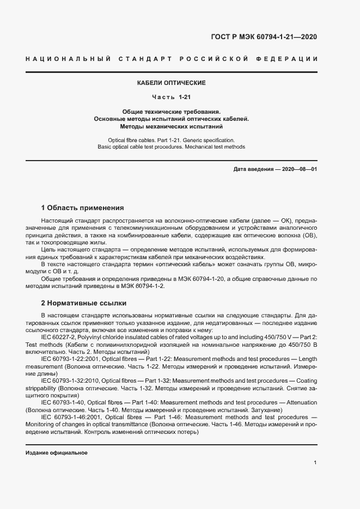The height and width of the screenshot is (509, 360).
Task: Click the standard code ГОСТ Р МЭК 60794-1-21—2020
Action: click(x=264, y=37)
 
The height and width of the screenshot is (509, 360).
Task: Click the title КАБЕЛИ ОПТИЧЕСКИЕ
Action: click(x=171, y=83)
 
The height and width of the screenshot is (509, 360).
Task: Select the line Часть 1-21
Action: click(x=171, y=97)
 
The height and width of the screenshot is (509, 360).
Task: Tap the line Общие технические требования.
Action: click(x=171, y=111)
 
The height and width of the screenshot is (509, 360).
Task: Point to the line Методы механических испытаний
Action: click(x=171, y=126)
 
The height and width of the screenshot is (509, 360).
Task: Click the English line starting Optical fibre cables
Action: click(x=171, y=140)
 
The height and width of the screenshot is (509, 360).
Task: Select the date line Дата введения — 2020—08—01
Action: click(x=275, y=169)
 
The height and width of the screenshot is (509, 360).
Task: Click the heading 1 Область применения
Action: click(x=82, y=208)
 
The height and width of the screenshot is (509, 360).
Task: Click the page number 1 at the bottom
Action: click(x=315, y=462)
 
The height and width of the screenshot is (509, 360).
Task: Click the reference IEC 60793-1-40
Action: click(x=64, y=402)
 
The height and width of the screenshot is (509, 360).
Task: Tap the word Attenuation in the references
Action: click(x=300, y=402)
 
